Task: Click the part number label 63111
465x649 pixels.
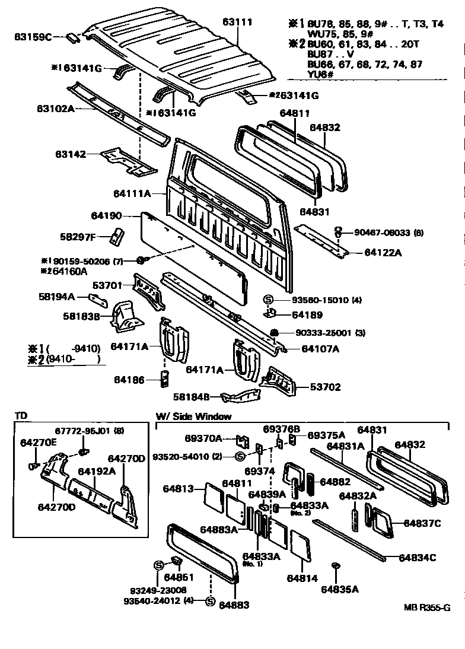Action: (238, 23)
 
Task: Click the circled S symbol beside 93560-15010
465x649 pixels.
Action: (267, 300)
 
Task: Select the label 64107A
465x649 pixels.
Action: (320, 349)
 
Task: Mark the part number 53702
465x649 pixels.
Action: (326, 387)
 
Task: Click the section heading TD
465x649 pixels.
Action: (20, 416)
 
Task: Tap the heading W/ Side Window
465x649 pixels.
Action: (193, 416)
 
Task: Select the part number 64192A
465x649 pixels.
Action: (96, 472)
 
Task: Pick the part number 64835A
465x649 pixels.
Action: (340, 589)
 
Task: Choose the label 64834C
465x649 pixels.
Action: (418, 558)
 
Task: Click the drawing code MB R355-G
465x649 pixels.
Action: (427, 607)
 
